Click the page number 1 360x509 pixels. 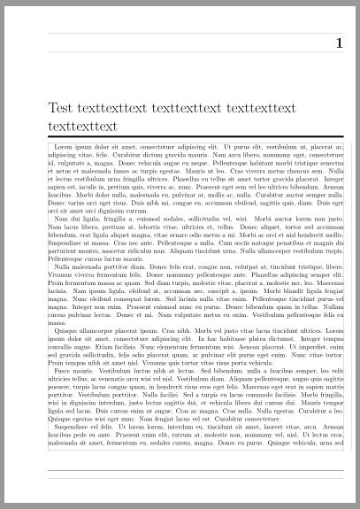(338, 44)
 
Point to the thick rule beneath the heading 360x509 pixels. (195, 137)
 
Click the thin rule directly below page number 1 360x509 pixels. (195, 55)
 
